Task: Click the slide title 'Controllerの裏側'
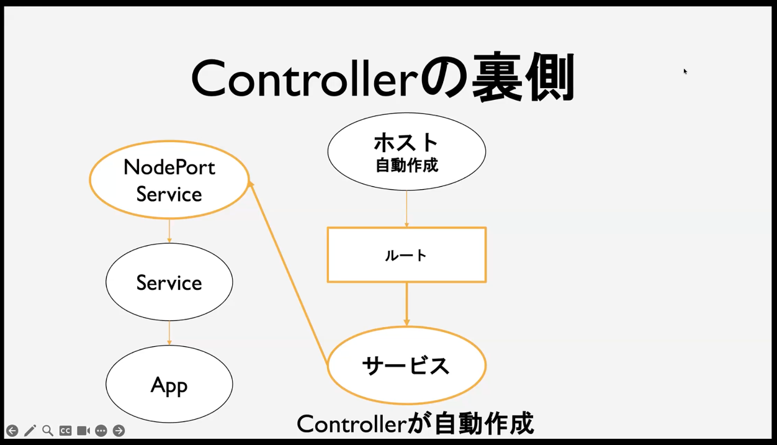(383, 78)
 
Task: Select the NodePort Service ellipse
(169, 180)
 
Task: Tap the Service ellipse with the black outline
(169, 282)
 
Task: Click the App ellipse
(169, 385)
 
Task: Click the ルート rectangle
(406, 255)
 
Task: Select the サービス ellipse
(406, 366)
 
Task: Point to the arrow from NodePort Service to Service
(169, 231)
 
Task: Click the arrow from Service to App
(169, 333)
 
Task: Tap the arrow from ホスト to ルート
(406, 209)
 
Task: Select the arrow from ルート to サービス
(406, 304)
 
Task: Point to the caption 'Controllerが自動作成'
(415, 425)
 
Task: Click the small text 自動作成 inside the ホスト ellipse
(406, 165)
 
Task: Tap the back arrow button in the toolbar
(12, 431)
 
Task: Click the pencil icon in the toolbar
(30, 431)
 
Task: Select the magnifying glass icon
(48, 431)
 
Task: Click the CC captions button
(65, 431)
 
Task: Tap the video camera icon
(83, 431)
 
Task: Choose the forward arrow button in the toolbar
(119, 431)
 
